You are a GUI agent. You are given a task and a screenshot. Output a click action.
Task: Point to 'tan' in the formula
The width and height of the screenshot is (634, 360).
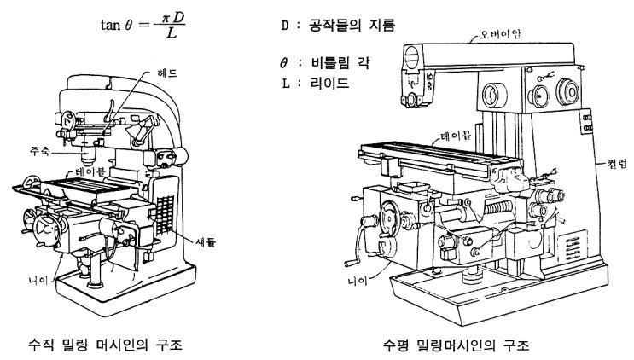point(112,25)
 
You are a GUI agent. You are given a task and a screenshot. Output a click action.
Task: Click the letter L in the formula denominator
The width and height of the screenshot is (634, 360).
point(172,34)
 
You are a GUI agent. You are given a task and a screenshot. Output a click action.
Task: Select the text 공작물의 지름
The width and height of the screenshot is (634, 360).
point(358,26)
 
